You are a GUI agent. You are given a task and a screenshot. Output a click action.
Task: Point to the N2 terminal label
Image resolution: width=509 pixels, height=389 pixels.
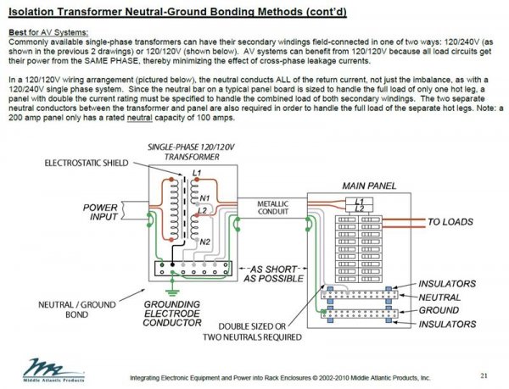click(x=203, y=242)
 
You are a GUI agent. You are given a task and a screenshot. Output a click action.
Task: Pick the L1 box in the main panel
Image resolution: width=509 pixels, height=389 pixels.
click(x=361, y=201)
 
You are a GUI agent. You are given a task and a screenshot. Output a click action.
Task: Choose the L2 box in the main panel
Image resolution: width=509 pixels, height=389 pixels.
click(x=361, y=208)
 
